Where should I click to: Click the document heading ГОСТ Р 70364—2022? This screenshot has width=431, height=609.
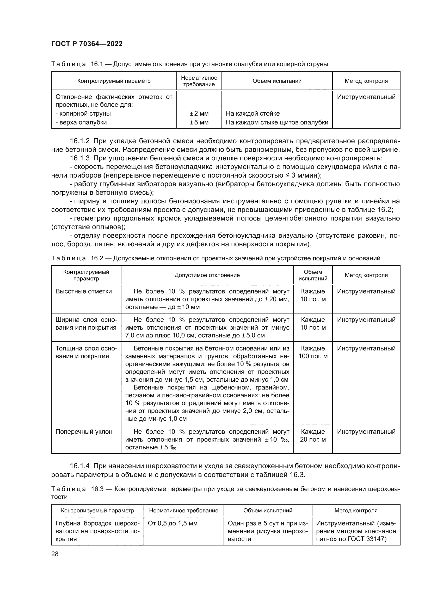pos(87,44)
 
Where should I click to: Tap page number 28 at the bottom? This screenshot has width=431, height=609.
pos(55,554)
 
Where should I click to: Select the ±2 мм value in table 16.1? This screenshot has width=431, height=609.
pos(199,114)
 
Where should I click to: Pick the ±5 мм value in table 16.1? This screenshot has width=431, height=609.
pos(199,122)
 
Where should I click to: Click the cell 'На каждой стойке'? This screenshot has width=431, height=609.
pos(253,114)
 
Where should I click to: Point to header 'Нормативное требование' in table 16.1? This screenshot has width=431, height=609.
pos(199,81)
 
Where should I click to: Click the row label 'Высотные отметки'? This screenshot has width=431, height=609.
pos(84,291)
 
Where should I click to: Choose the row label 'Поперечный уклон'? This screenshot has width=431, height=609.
pos(84,431)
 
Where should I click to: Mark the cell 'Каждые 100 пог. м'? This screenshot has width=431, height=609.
pos(313,352)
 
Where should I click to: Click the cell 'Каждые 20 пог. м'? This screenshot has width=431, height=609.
pos(313,435)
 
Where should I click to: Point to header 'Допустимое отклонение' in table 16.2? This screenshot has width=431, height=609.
pos(207,275)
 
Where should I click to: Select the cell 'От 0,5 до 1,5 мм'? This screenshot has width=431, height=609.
pos(173,523)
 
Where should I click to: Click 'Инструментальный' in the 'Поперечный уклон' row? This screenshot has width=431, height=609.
pos(366,431)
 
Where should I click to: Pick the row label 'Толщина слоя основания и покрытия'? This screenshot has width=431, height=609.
pos(86,352)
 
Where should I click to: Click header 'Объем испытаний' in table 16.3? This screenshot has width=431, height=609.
pos(268,510)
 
